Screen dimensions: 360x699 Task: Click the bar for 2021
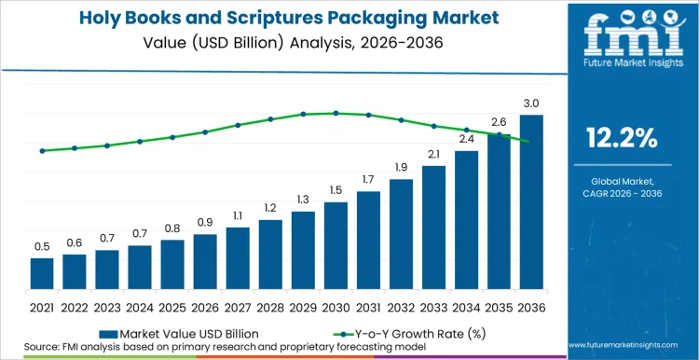point(42,272)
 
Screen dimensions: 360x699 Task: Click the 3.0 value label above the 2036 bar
point(531,103)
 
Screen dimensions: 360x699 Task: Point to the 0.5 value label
point(42,246)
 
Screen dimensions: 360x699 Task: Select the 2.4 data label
point(466,139)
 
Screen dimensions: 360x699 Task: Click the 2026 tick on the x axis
point(205,306)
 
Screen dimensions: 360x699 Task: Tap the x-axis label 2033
point(433,306)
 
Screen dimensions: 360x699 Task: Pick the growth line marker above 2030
point(336,113)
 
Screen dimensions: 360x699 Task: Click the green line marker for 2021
point(42,150)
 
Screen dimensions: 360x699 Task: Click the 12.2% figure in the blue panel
point(622,139)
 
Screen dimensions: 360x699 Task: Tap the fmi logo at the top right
point(622,37)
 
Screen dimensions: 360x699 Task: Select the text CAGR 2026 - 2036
point(622,194)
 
